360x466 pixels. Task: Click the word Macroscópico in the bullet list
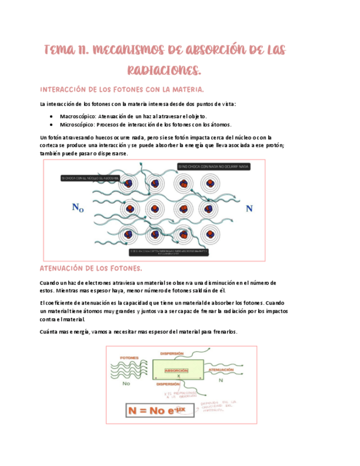tap(77, 116)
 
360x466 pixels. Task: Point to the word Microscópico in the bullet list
tap(76, 124)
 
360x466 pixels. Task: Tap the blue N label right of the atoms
tap(249, 208)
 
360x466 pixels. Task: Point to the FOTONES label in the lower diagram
tap(128, 357)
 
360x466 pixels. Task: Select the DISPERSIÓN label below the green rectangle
tap(168, 384)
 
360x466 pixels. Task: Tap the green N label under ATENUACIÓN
tap(220, 380)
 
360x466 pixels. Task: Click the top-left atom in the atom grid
tap(128, 183)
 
